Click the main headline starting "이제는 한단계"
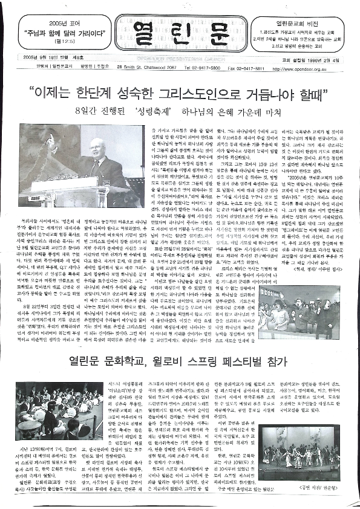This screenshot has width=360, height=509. coord(180,95)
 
